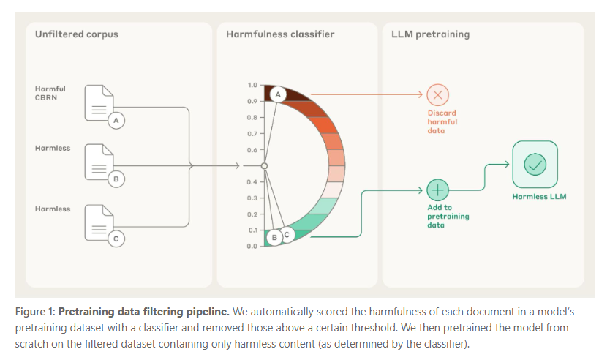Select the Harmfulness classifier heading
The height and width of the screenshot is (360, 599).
[270, 34]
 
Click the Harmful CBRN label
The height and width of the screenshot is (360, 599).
[50, 93]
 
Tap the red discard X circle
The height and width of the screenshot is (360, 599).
[437, 94]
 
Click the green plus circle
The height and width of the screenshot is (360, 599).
[437, 190]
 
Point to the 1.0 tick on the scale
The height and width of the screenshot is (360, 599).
[252, 86]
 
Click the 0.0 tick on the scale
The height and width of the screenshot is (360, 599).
[252, 246]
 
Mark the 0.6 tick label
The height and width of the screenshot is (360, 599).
[252, 150]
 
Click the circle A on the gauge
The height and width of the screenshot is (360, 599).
[277, 94]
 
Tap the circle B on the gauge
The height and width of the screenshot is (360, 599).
[274, 236]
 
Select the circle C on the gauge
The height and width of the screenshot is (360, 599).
[287, 234]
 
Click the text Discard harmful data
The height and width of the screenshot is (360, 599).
[443, 121]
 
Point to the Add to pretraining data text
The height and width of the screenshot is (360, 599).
[448, 216]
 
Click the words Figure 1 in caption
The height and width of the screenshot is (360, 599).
[34, 310]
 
